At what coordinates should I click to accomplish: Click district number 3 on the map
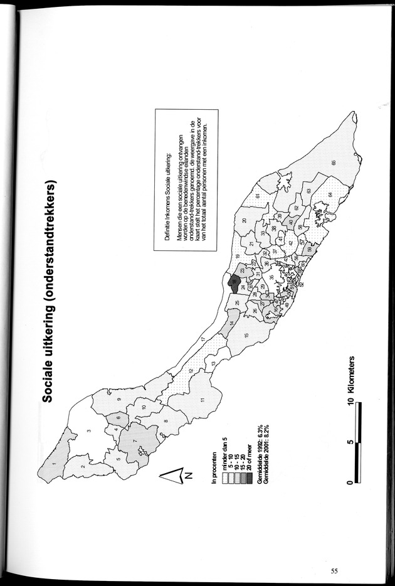(89, 432)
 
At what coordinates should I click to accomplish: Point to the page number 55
(335, 570)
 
